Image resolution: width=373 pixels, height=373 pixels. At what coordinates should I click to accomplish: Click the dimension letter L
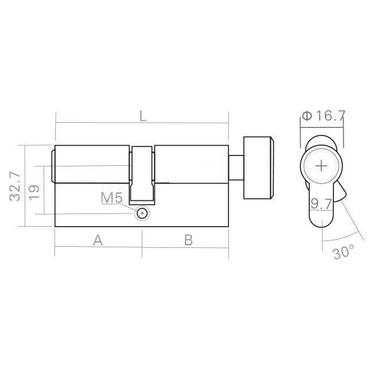click(143, 115)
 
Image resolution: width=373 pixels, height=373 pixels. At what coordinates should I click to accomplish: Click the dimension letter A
click(98, 240)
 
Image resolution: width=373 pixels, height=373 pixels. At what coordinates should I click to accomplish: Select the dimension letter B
click(188, 240)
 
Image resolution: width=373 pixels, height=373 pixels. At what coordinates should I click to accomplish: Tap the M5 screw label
click(111, 199)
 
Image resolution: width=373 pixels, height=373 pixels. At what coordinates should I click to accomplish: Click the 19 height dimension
click(34, 191)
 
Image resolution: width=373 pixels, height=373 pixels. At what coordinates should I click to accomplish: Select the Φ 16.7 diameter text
click(323, 116)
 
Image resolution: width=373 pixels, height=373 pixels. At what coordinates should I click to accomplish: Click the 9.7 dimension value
click(321, 203)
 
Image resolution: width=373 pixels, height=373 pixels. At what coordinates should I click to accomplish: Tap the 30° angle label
click(344, 252)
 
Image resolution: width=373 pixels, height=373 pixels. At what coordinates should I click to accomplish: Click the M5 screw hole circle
click(142, 213)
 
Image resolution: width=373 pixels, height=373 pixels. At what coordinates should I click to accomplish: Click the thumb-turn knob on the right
click(258, 168)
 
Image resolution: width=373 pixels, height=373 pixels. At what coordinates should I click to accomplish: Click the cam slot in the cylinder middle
click(142, 172)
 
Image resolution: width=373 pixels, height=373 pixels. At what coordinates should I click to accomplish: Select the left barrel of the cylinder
click(92, 165)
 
